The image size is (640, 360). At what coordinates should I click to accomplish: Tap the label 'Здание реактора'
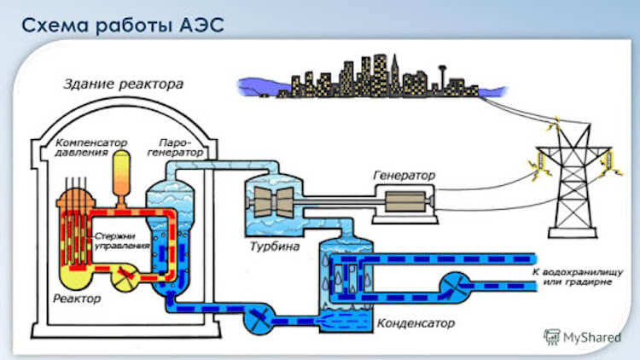123,84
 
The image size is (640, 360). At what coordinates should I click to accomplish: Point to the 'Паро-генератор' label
180,146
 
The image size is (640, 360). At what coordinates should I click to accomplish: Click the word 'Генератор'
404,175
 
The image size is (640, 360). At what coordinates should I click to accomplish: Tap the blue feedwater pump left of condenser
256,320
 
